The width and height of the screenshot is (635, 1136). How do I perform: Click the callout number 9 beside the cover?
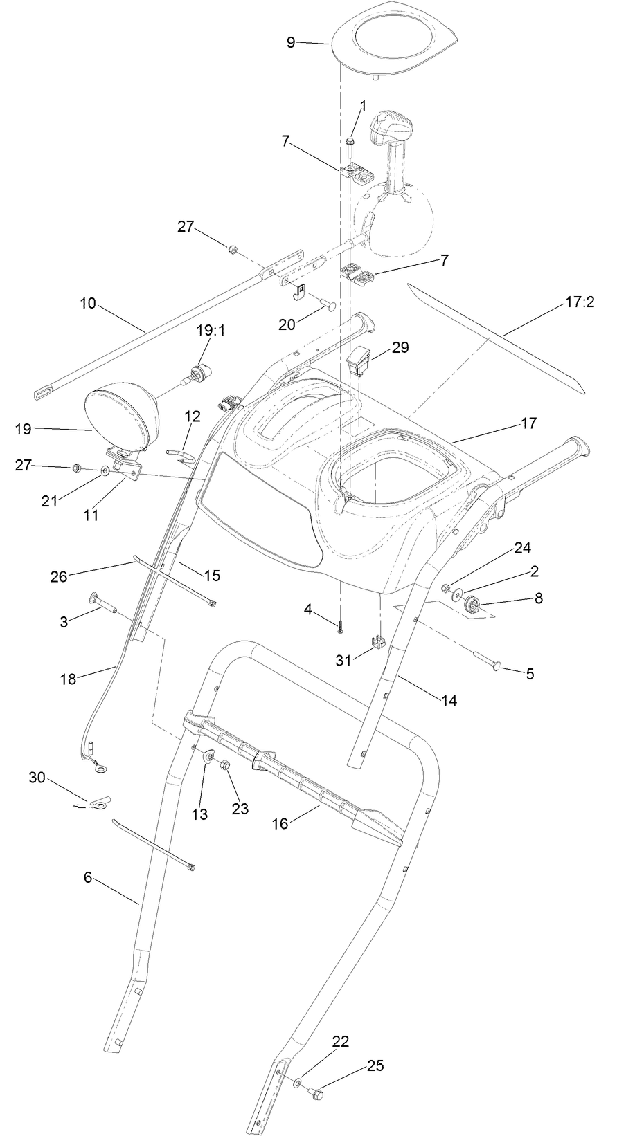pos(291,42)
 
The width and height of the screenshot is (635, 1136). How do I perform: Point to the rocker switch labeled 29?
pos(361,362)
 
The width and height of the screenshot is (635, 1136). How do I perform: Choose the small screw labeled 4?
pos(341,627)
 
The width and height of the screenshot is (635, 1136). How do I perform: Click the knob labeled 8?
pos(473,605)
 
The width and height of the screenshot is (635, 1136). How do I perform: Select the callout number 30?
pos(37,778)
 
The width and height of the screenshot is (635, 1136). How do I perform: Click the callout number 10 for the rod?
pos(88,304)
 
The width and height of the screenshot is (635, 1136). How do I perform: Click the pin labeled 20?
pos(328,304)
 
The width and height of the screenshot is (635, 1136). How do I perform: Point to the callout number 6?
pos(88,877)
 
